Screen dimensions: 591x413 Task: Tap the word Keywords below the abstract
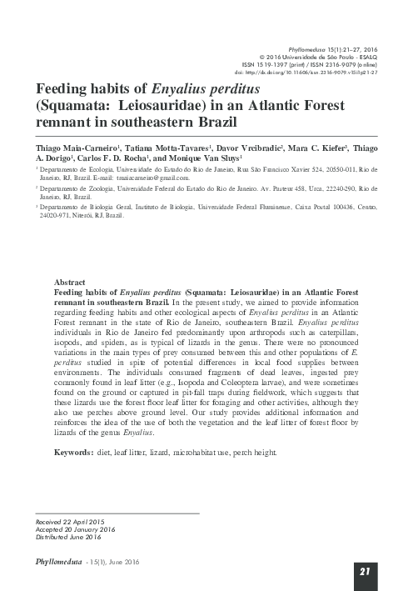point(72,451)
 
